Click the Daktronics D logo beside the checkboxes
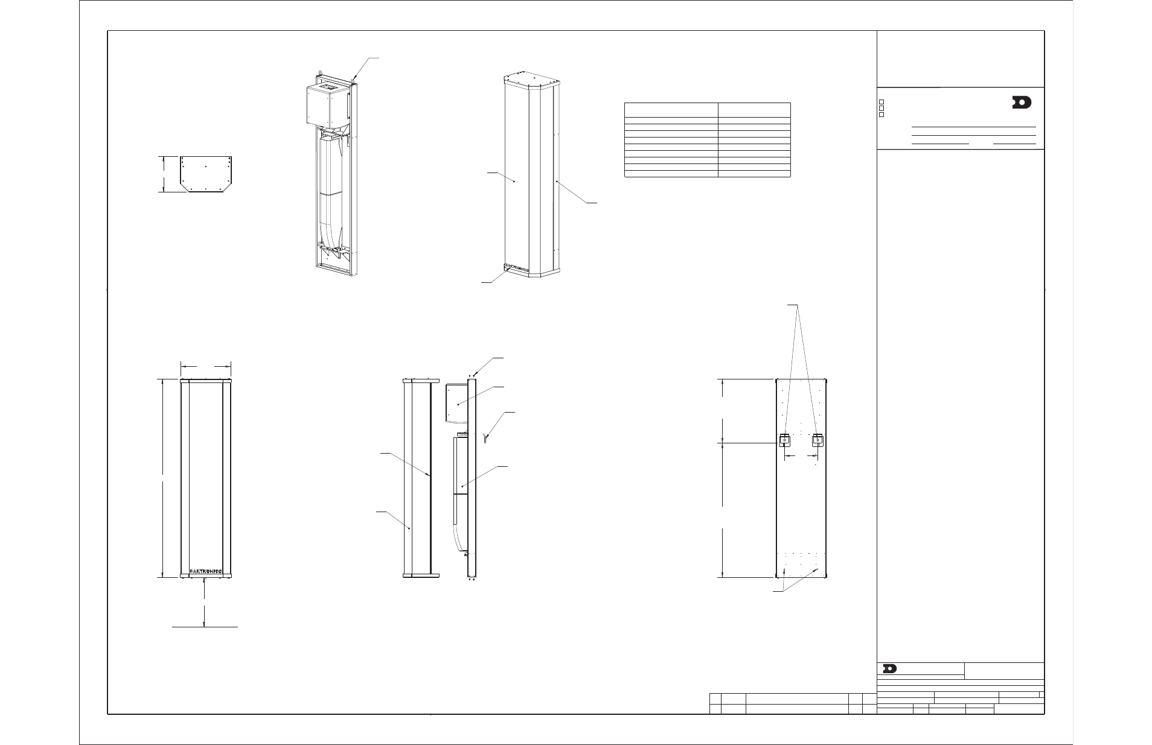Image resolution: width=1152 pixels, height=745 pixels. point(1022,103)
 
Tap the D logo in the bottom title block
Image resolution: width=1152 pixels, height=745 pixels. point(889,668)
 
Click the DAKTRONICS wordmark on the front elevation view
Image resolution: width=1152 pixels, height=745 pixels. point(206,571)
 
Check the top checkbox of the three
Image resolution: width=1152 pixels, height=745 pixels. point(882,101)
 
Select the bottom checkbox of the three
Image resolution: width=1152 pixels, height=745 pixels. point(882,115)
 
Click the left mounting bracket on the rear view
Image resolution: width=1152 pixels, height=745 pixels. point(784,440)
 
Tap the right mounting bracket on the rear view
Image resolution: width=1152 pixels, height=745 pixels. point(818,440)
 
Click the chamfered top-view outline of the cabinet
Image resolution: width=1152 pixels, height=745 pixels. point(206,174)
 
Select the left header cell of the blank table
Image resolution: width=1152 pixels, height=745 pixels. point(670,110)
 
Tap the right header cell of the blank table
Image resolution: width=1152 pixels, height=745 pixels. point(754,110)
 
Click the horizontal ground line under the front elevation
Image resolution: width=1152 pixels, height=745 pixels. point(205,627)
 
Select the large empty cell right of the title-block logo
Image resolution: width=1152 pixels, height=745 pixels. point(1004,671)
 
